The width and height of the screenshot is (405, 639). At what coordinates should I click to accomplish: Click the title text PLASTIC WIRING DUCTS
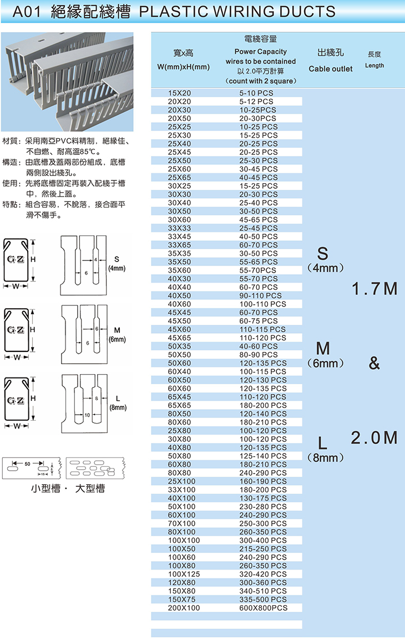click(x=237, y=12)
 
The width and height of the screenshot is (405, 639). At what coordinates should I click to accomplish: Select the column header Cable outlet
click(x=331, y=69)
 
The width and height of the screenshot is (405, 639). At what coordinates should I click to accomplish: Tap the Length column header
click(x=374, y=65)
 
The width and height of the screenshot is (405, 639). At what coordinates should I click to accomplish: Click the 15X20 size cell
click(x=179, y=93)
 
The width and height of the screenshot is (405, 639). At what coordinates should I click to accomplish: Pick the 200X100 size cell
click(x=184, y=607)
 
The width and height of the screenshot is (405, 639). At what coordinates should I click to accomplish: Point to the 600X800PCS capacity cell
click(x=263, y=607)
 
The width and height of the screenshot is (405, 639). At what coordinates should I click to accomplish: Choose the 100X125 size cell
click(x=184, y=574)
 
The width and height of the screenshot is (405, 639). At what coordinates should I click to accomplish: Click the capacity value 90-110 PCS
click(x=260, y=295)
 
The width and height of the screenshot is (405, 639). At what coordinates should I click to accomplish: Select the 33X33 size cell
click(x=179, y=228)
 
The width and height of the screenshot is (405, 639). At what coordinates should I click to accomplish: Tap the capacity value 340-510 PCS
click(x=263, y=591)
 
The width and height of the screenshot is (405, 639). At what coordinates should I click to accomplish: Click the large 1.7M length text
click(x=374, y=289)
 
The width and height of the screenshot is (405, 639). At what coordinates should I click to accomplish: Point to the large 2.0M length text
click(x=374, y=437)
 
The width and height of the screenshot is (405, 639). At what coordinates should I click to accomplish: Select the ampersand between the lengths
click(x=374, y=363)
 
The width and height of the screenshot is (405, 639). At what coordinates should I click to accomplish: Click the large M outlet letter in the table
click(x=323, y=349)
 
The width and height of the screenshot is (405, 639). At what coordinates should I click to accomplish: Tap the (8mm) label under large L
click(x=326, y=457)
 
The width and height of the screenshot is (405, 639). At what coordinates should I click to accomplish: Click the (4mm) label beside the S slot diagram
click(x=117, y=269)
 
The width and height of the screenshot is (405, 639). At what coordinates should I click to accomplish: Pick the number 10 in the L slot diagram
click(x=87, y=415)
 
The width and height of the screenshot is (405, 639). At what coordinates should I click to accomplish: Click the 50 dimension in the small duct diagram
click(x=27, y=464)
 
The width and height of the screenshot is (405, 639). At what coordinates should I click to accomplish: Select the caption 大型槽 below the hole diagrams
click(x=90, y=488)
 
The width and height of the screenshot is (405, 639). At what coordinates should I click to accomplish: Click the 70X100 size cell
click(x=182, y=524)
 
